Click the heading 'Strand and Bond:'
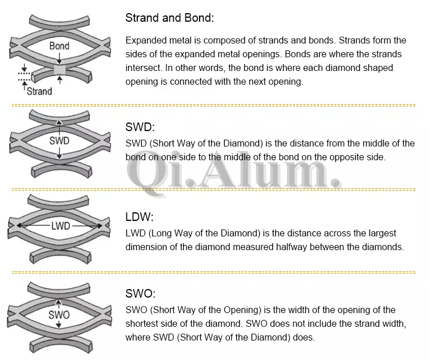(x=170, y=18)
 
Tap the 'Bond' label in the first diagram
(x=59, y=46)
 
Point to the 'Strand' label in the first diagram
(x=39, y=91)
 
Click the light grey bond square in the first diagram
(x=59, y=69)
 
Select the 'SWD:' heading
(x=140, y=127)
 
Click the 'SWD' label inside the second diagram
(x=59, y=141)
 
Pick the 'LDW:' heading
(x=140, y=217)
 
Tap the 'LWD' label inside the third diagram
(x=61, y=226)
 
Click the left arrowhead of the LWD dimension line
(x=19, y=226)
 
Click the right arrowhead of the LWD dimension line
(x=100, y=226)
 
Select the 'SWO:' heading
(x=140, y=294)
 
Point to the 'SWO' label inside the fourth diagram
(x=59, y=315)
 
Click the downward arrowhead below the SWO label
(x=58, y=325)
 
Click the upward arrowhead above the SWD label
(x=59, y=122)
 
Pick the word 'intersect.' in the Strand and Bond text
(x=144, y=68)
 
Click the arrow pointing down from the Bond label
(x=59, y=58)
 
